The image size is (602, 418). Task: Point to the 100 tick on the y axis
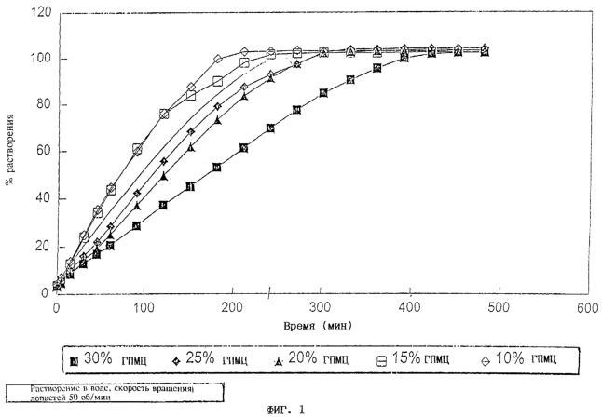[39, 59]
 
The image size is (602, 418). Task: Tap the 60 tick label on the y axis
[42, 151]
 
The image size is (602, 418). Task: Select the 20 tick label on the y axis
[42, 246]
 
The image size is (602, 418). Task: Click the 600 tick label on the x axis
[586, 307]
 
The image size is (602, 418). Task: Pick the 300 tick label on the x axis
[322, 307]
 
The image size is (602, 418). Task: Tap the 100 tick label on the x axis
[144, 307]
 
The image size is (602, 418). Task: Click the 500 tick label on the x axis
[499, 307]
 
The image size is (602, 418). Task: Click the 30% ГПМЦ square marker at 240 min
[270, 128]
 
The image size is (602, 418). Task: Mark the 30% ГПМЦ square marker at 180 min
[217, 168]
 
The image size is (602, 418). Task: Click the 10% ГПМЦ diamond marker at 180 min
[217, 60]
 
